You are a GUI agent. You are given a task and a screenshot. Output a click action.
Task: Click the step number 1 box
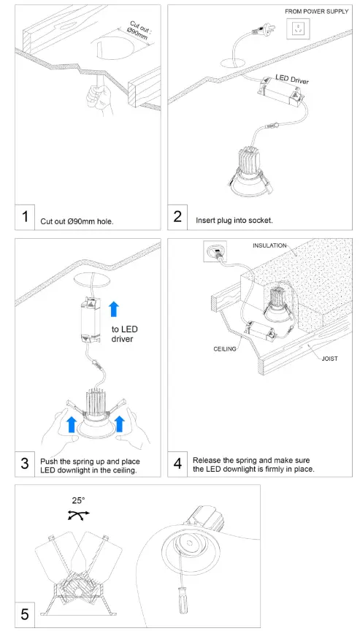pos(25,218)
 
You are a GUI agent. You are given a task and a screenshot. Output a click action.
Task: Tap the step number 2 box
pos(177,218)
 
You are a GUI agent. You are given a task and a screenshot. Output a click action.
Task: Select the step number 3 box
pos(25,464)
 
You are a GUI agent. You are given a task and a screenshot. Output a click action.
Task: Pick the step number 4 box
pos(177,464)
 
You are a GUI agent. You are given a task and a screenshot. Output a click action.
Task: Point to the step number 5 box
pos(25,615)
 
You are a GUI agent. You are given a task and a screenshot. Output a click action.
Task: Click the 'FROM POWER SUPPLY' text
pos(317,12)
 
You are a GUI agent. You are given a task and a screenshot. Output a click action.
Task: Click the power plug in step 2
pos(262,29)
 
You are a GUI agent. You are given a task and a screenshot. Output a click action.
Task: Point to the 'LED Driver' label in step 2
pos(292,79)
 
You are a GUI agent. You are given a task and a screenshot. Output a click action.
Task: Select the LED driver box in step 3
pos(91,320)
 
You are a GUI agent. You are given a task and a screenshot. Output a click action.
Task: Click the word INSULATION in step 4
pos(269,245)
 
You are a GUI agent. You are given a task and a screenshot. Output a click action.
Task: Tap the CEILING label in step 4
pos(225,349)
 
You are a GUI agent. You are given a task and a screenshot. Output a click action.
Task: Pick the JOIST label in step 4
pos(330,359)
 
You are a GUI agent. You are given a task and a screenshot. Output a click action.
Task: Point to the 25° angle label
pos(78,500)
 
